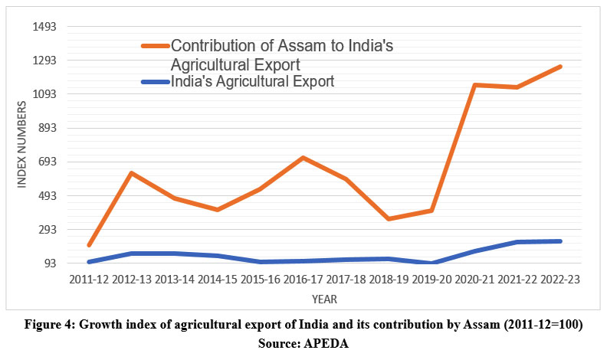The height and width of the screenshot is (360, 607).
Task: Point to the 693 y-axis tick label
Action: click(51, 162)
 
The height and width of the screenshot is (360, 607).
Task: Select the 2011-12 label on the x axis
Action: click(88, 280)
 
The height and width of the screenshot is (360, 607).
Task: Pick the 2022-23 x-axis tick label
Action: click(559, 280)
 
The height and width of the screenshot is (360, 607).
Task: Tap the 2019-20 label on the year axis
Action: click(432, 280)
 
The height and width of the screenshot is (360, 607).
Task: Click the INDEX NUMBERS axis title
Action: click(22, 146)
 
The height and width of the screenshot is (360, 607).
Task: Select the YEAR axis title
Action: click(323, 299)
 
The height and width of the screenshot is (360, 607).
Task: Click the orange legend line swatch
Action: click(156, 46)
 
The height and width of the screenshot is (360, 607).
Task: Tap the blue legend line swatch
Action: click(156, 81)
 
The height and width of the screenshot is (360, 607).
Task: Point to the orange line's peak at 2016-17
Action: click(303, 158)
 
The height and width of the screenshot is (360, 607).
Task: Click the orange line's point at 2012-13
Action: click(132, 173)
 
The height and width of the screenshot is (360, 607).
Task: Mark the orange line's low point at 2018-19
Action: click(390, 219)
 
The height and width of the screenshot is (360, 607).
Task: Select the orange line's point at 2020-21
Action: click(475, 85)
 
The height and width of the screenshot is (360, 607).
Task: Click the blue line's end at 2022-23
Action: click(561, 241)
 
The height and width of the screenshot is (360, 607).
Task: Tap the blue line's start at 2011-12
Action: click(89, 262)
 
